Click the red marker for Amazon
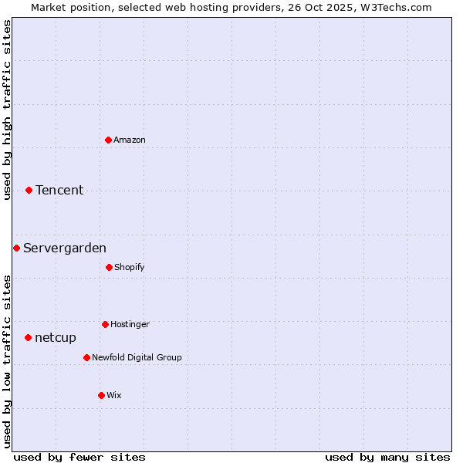(108, 140)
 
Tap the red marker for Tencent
(29, 190)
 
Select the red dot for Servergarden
(16, 248)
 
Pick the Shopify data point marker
(109, 267)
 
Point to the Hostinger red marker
(105, 324)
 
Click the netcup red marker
(28, 337)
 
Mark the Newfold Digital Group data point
(86, 357)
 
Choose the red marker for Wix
(101, 395)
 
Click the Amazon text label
(130, 140)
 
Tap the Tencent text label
(59, 190)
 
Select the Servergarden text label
(65, 248)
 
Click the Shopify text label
(130, 267)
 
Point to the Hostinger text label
(130, 324)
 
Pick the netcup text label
(56, 337)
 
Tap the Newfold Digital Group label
(137, 357)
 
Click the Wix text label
(114, 395)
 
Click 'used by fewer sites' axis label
(79, 457)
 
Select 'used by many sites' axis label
(387, 457)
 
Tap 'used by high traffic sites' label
(7, 110)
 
